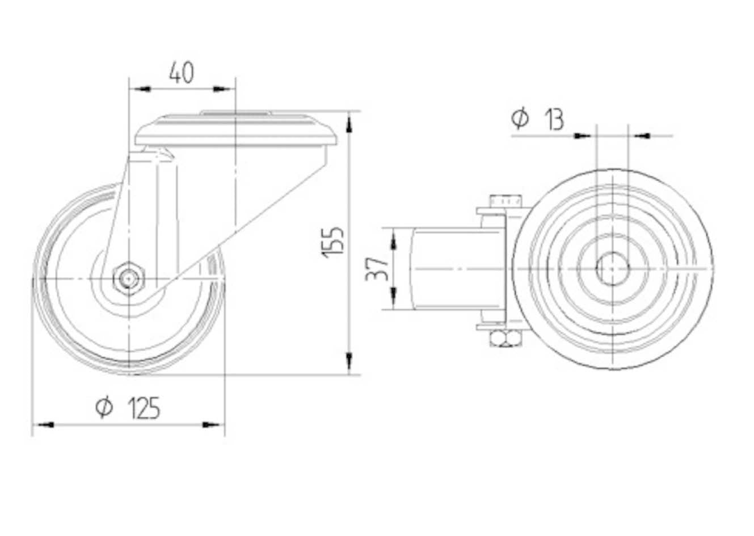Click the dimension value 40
pyautogui.click(x=182, y=73)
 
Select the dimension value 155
pyautogui.click(x=333, y=243)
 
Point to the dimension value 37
pyautogui.click(x=377, y=269)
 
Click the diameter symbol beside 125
pyautogui.click(x=104, y=407)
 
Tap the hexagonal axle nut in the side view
pyautogui.click(x=129, y=278)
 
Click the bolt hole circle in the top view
pyautogui.click(x=612, y=268)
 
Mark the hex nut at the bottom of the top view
pyautogui.click(x=506, y=339)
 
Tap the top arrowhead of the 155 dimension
pyautogui.click(x=349, y=124)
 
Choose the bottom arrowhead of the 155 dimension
pyautogui.click(x=349, y=362)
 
